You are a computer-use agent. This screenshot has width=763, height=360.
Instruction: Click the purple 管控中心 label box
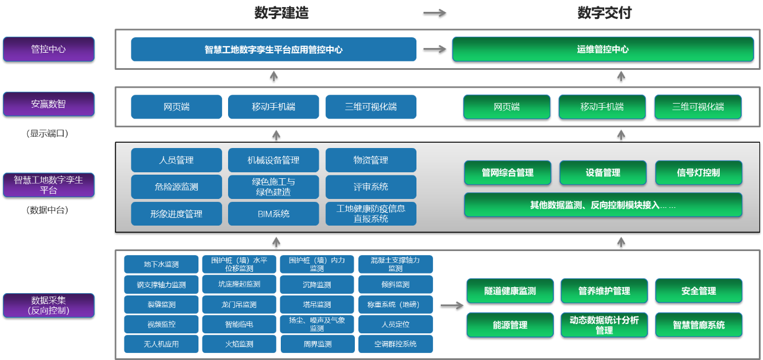49,49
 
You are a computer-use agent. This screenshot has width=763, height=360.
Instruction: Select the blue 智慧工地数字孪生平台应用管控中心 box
273,50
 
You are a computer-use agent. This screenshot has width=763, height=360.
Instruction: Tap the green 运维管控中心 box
602,49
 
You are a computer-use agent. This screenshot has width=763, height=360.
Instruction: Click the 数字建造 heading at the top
281,12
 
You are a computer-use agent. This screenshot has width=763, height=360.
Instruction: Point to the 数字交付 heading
604,12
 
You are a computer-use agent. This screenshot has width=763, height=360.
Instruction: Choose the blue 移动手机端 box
273,107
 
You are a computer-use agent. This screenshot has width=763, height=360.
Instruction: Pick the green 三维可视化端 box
698,107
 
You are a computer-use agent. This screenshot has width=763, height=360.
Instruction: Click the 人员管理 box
176,160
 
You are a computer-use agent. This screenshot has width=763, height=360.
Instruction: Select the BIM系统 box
273,214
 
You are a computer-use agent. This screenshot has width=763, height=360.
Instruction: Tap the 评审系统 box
370,187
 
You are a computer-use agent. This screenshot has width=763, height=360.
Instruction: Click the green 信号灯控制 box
698,172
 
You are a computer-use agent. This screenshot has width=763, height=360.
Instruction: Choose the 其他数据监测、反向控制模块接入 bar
602,205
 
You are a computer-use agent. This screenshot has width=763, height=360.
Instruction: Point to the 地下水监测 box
161,264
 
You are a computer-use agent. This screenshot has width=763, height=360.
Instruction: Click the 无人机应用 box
161,344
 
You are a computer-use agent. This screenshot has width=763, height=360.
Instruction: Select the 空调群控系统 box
395,344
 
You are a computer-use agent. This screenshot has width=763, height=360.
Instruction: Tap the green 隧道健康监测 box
509,291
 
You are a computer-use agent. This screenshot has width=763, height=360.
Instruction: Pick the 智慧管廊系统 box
698,325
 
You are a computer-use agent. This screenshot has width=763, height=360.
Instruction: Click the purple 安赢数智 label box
49,104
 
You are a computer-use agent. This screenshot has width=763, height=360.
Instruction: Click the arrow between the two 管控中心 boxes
434,50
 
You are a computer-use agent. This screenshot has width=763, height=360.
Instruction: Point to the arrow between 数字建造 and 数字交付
434,12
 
